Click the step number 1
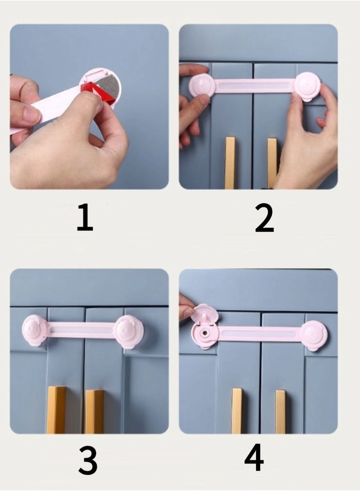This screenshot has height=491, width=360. [x=85, y=218]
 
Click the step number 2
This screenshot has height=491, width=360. [x=264, y=218]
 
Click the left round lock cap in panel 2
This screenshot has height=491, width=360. [x=202, y=85]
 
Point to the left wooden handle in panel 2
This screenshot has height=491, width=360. [x=230, y=162]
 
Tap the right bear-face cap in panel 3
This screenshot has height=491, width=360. [x=130, y=332]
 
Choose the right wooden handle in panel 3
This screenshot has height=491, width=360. [x=94, y=410]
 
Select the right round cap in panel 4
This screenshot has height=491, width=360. [x=315, y=335]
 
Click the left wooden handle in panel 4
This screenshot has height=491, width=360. [x=237, y=410]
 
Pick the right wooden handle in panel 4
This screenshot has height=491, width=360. [x=280, y=411]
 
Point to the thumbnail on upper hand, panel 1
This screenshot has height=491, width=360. [x=33, y=114]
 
